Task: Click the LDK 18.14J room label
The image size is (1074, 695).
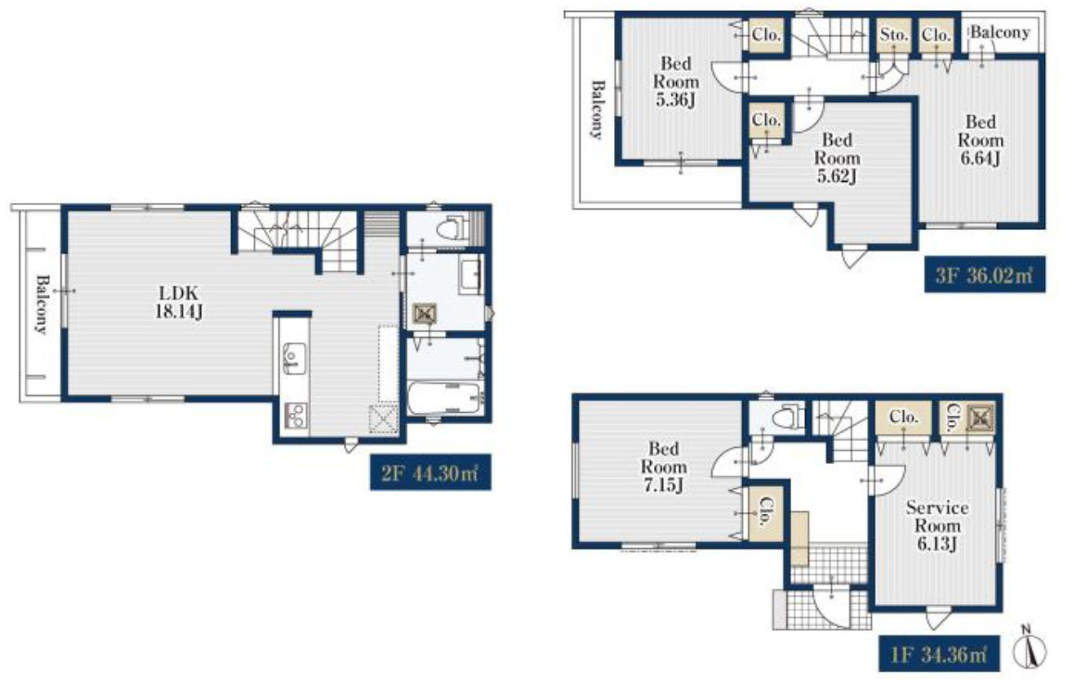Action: pos(179,302)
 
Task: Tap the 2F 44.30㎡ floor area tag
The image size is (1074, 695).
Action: pos(430,472)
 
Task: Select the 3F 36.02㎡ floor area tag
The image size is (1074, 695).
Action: pos(984,275)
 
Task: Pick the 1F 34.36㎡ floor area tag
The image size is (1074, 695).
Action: pos(939,654)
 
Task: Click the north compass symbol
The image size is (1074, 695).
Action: pos(1029,647)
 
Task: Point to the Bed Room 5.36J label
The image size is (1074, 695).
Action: pos(676,82)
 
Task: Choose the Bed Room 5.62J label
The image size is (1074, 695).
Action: pos(837,158)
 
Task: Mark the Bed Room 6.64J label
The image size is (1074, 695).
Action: pos(980,140)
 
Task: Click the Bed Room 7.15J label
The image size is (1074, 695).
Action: pos(663,467)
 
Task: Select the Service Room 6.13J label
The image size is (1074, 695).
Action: pos(937,526)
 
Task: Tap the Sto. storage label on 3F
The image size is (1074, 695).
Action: pos(894,33)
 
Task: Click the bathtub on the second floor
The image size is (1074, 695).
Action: pos(444,398)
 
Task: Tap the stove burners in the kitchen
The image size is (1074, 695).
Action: pos(296,416)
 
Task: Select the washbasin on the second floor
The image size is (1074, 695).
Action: pos(472,276)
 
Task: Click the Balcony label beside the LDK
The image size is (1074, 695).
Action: pos(42,303)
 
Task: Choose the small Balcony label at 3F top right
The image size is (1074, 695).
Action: pos(1000,32)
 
